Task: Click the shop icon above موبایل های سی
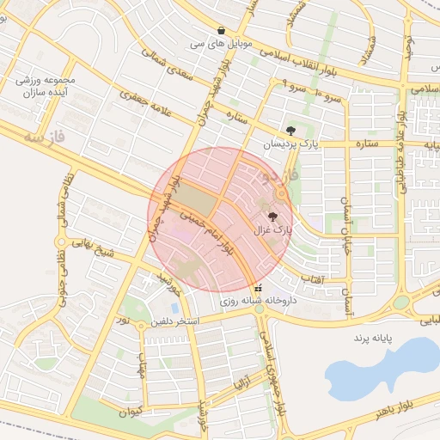click(x=223, y=29)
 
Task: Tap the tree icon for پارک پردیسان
click(x=291, y=131)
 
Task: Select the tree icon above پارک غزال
click(x=273, y=217)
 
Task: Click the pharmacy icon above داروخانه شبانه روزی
click(x=259, y=288)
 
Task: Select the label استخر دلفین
click(x=174, y=321)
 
